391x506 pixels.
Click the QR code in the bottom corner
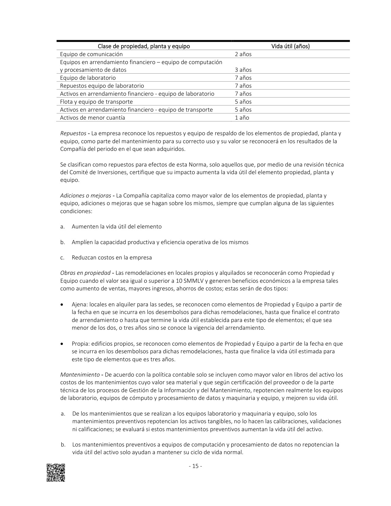pyautogui.click(x=56, y=473)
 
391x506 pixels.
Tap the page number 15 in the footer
pyautogui.click(x=195, y=466)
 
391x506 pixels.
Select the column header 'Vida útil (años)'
pyautogui.click(x=290, y=46)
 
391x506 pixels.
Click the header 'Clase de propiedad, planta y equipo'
pyautogui.click(x=144, y=46)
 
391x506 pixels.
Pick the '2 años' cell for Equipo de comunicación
pyautogui.click(x=243, y=54)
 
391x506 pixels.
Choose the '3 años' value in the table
pyautogui.click(x=243, y=70)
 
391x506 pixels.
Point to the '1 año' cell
pyautogui.click(x=242, y=118)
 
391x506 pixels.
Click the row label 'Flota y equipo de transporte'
pyautogui.click(x=96, y=102)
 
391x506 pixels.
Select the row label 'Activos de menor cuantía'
pyautogui.click(x=93, y=118)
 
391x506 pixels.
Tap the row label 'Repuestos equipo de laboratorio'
pyautogui.click(x=102, y=86)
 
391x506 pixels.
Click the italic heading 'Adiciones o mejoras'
pyautogui.click(x=86, y=196)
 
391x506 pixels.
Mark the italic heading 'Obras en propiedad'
pyautogui.click(x=85, y=273)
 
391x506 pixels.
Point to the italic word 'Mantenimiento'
pyautogui.click(x=80, y=375)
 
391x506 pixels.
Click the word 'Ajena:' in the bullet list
pyautogui.click(x=80, y=305)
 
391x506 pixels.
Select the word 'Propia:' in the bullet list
pyautogui.click(x=81, y=343)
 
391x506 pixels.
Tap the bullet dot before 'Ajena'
pyautogui.click(x=63, y=305)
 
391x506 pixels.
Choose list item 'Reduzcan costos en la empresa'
pyautogui.click(x=112, y=258)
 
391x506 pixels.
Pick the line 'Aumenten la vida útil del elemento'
pyautogui.click(x=117, y=227)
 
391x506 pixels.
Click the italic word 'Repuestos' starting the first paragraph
pyautogui.click(x=73, y=134)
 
